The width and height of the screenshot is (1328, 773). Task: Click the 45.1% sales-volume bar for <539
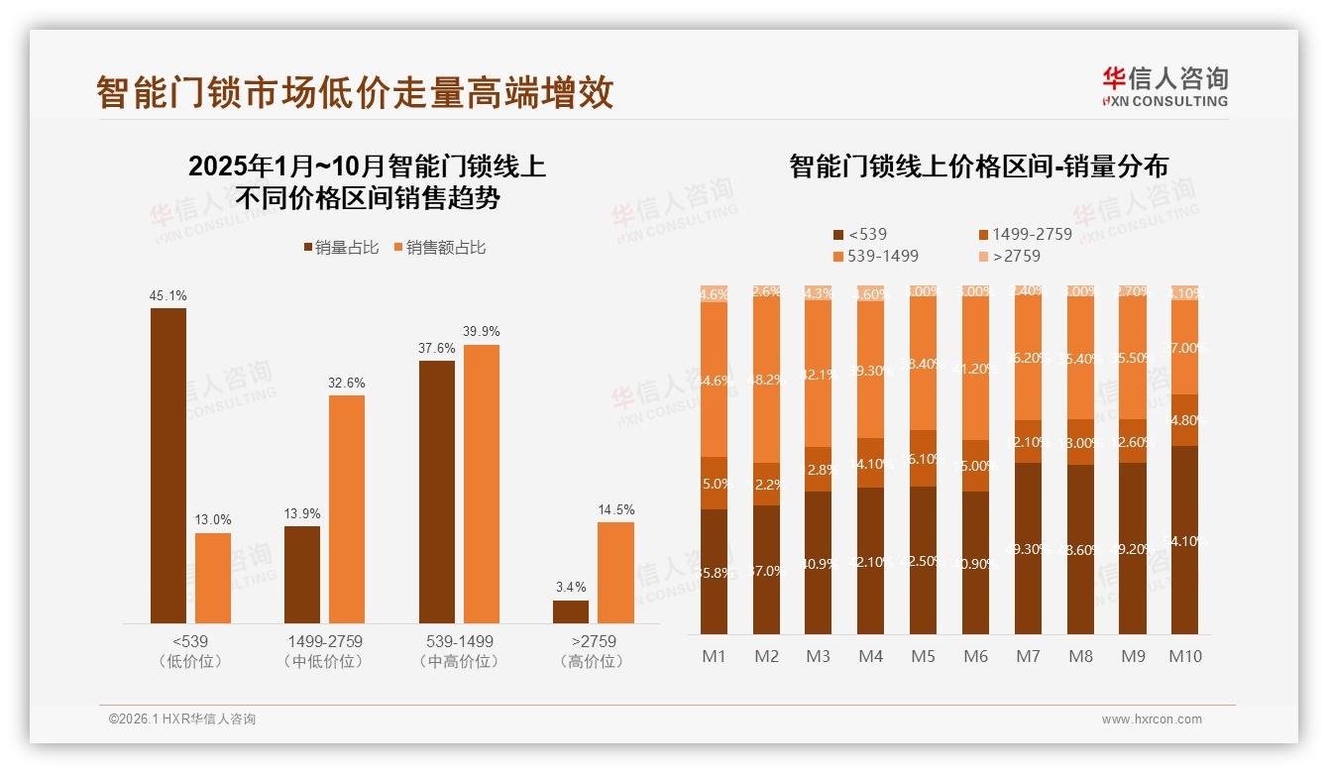168,465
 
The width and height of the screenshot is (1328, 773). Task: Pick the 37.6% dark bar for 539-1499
437,492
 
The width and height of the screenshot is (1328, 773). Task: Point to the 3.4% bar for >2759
571,611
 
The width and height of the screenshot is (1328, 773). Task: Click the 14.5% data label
615,509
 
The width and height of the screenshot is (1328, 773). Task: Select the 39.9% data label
482,331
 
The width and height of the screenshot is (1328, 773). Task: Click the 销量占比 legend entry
341,248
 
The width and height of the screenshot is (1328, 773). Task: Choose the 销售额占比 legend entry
440,248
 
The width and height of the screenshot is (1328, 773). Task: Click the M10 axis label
1185,656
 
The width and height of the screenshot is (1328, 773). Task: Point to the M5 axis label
923,656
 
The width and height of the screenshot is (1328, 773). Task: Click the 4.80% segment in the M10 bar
1184,420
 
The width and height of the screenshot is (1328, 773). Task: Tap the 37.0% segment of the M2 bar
766,570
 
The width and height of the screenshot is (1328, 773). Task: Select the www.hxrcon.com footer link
1152,719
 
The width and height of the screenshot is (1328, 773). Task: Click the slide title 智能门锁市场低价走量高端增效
355,92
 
